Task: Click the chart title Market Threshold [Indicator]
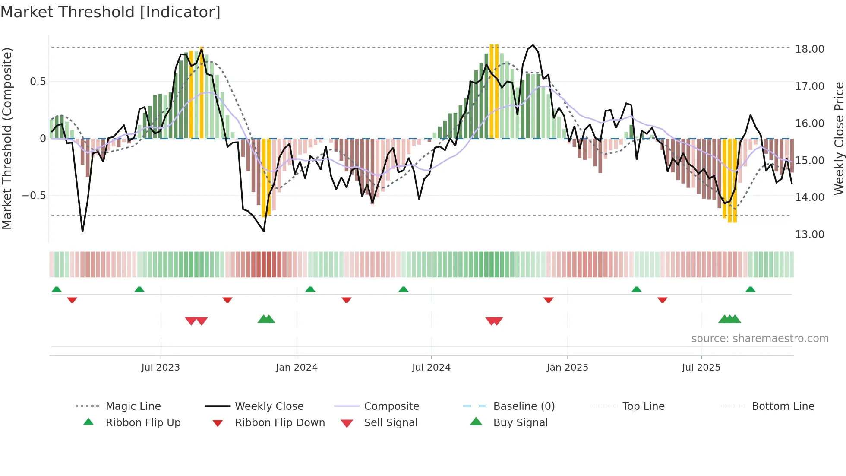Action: [x=110, y=12]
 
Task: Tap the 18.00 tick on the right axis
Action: [x=809, y=49]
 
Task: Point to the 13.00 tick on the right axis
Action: [x=809, y=235]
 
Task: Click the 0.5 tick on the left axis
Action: [x=38, y=82]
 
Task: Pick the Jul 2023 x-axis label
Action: [x=161, y=368]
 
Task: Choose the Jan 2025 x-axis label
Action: [x=567, y=368]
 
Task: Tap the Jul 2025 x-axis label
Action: [x=701, y=368]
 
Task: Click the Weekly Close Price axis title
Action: [x=839, y=138]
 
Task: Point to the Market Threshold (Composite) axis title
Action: [x=7, y=138]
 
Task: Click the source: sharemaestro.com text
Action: [x=760, y=339]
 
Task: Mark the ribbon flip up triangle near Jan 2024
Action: [x=310, y=289]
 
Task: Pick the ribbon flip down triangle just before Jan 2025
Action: [x=549, y=300]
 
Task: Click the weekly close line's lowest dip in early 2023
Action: [x=82, y=232]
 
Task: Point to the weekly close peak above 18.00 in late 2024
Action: [x=533, y=45]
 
